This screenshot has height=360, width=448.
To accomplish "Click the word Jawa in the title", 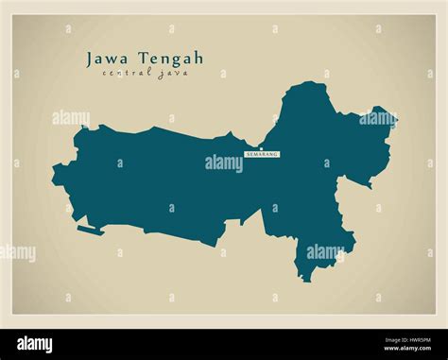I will (106, 59).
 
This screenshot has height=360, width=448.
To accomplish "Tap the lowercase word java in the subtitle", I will (173, 75).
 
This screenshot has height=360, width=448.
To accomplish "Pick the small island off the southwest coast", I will (91, 230).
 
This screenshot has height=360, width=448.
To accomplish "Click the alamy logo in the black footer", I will (34, 345).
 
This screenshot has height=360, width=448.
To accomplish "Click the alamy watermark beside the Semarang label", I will (224, 163).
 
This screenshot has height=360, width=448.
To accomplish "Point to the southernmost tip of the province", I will (303, 280).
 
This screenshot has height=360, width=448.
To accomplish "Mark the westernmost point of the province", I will (53, 173).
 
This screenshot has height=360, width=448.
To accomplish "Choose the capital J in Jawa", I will (91, 59).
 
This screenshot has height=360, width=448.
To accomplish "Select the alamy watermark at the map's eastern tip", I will (376, 119).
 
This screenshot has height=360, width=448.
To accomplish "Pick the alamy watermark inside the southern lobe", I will (324, 252).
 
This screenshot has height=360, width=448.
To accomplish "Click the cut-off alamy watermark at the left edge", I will (17, 252).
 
